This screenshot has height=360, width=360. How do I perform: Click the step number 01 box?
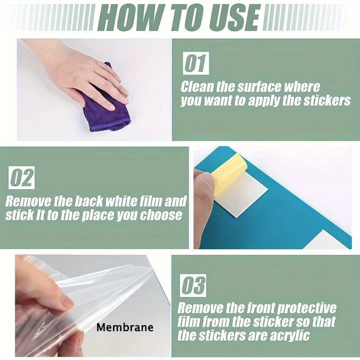[195, 63]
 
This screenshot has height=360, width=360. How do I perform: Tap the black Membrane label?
[125, 327]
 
